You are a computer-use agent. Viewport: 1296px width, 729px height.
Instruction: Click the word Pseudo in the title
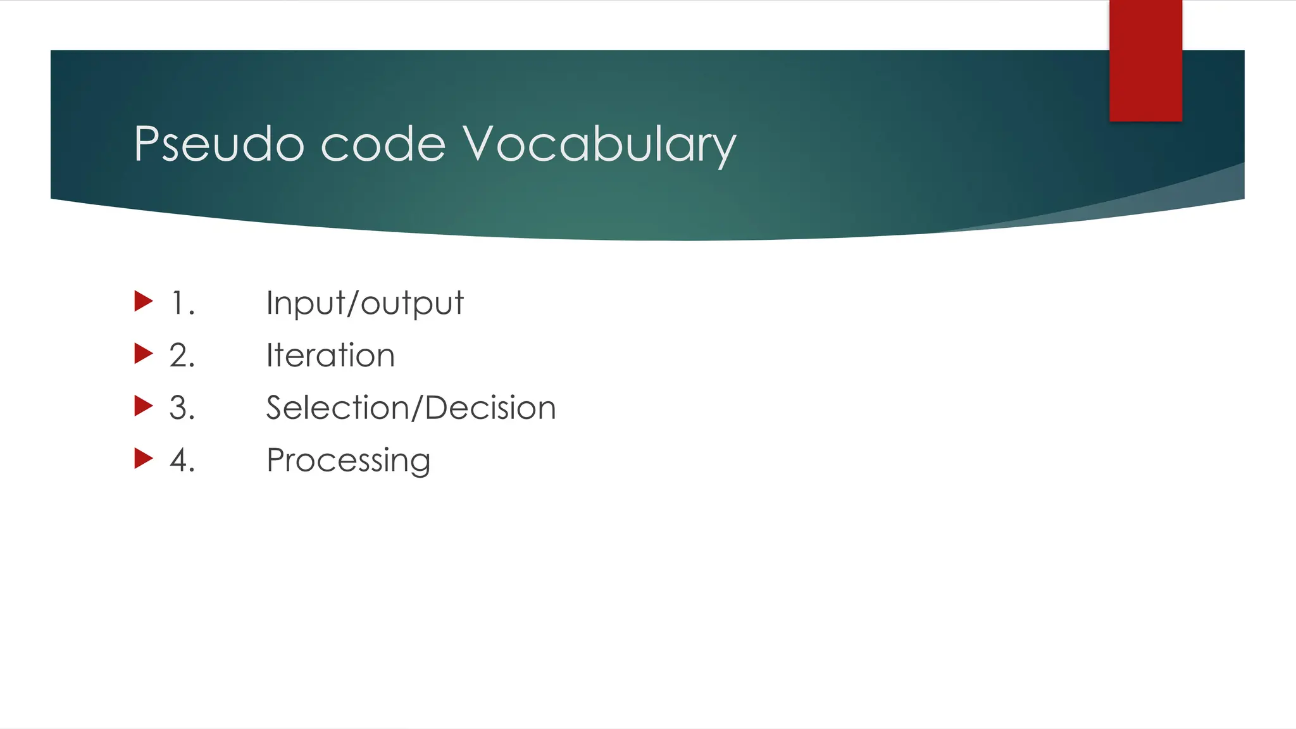point(219,144)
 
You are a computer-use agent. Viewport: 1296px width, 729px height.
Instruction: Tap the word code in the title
point(383,144)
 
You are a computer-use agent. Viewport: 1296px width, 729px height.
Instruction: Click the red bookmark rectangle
point(1145,60)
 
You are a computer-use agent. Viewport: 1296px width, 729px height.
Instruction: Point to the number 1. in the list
point(183,303)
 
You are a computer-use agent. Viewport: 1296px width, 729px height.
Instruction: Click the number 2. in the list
point(182,356)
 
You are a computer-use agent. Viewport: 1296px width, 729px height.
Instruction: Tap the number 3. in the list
point(182,408)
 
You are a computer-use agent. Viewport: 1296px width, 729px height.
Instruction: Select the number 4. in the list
point(182,461)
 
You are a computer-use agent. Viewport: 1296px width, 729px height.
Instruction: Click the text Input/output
point(364,303)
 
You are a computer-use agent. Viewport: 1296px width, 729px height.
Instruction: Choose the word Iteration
point(330,356)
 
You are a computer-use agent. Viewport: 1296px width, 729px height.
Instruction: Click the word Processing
point(348,461)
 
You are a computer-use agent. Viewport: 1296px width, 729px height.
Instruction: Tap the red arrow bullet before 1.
point(144,301)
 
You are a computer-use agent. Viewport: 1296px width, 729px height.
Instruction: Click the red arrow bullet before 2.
point(144,354)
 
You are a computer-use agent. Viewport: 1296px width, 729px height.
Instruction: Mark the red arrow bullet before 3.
point(144,406)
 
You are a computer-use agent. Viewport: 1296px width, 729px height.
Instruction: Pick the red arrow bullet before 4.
point(144,459)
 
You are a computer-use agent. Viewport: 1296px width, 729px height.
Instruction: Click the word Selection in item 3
point(336,408)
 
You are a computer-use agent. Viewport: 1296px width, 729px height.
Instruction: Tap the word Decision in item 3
point(490,408)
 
